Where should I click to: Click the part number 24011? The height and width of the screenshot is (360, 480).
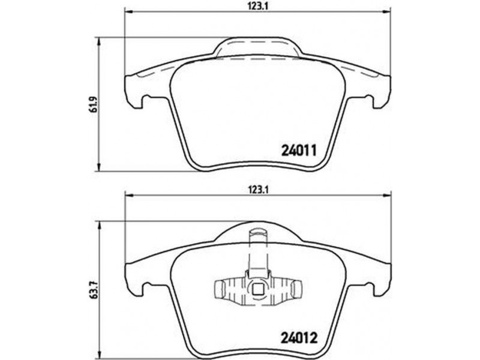(298, 151)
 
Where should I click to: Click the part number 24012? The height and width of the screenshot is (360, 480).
(299, 338)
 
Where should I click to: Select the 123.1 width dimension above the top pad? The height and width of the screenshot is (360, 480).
(259, 6)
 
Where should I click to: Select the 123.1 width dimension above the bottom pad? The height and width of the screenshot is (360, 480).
(259, 190)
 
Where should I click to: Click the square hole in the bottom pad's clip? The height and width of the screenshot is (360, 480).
(257, 289)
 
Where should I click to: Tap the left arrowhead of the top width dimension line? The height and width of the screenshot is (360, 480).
(129, 12)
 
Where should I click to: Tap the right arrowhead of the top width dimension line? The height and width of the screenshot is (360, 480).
(387, 12)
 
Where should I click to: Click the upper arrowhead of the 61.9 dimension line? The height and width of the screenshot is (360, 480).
(98, 42)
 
